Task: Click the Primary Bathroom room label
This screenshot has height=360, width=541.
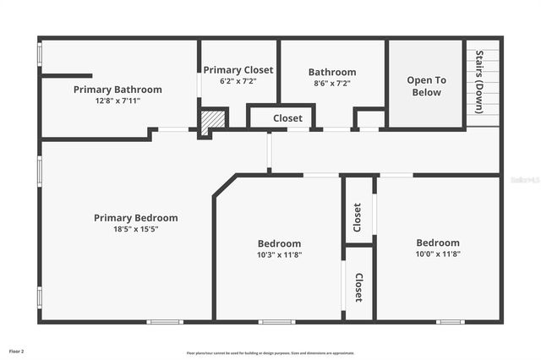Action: click(x=117, y=90)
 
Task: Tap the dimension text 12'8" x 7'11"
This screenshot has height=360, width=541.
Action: click(x=117, y=101)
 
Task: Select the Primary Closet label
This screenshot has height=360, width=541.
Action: click(x=238, y=70)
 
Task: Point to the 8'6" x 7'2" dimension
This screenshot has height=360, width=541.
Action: click(x=332, y=84)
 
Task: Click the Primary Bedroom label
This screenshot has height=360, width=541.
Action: click(x=136, y=218)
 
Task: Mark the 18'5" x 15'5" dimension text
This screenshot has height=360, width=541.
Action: click(x=136, y=229)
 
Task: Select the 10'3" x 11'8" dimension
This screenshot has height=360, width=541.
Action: click(x=279, y=254)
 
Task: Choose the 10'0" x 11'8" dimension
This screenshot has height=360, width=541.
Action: click(x=438, y=254)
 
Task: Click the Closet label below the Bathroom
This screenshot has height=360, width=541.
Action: click(x=287, y=119)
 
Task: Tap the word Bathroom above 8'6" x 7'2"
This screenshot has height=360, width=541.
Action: click(x=332, y=73)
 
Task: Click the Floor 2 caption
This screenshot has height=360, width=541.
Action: click(x=17, y=351)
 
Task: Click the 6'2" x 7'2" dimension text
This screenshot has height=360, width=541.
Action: click(x=238, y=81)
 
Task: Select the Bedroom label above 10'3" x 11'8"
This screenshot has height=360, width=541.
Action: click(x=279, y=243)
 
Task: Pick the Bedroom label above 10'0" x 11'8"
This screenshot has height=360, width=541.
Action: click(x=438, y=243)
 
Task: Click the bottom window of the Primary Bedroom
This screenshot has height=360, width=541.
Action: click(x=165, y=321)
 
